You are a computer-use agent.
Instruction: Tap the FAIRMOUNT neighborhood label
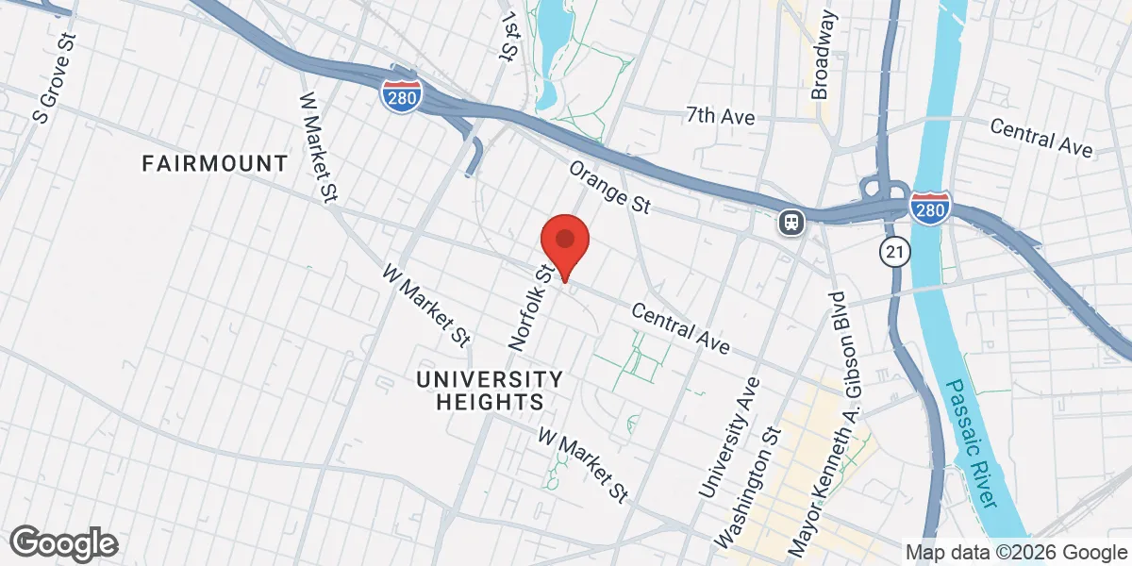click(x=214, y=163)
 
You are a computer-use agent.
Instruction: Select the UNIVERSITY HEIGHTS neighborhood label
click(x=490, y=391)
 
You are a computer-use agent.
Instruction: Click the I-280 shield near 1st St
click(x=402, y=93)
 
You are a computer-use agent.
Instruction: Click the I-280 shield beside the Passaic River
click(x=929, y=208)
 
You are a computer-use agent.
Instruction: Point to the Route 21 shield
click(x=893, y=251)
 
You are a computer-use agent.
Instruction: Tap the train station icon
click(x=791, y=223)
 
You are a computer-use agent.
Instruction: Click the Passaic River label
click(x=972, y=444)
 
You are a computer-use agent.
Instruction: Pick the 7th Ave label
click(x=721, y=116)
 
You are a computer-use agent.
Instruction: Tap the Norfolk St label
click(x=530, y=308)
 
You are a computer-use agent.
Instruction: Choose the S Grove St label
click(x=55, y=81)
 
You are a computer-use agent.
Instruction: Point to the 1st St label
click(x=510, y=39)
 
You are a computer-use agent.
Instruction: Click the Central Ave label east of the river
click(x=1041, y=138)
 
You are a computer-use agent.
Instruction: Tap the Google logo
click(x=64, y=542)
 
